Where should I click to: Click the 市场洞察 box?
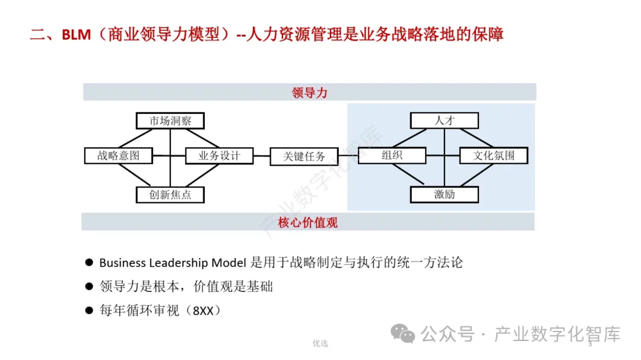[x=170, y=121]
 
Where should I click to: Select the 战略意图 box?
[x=119, y=155]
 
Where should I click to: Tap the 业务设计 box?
[x=219, y=155]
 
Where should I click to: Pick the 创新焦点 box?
[x=170, y=194]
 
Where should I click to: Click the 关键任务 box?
[x=304, y=156]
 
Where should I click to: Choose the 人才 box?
[x=445, y=120]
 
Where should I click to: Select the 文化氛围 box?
[x=494, y=155]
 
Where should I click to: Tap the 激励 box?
[x=445, y=194]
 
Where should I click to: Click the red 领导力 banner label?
[x=309, y=93]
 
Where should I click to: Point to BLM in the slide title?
[x=77, y=34]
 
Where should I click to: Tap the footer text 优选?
[x=320, y=343]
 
